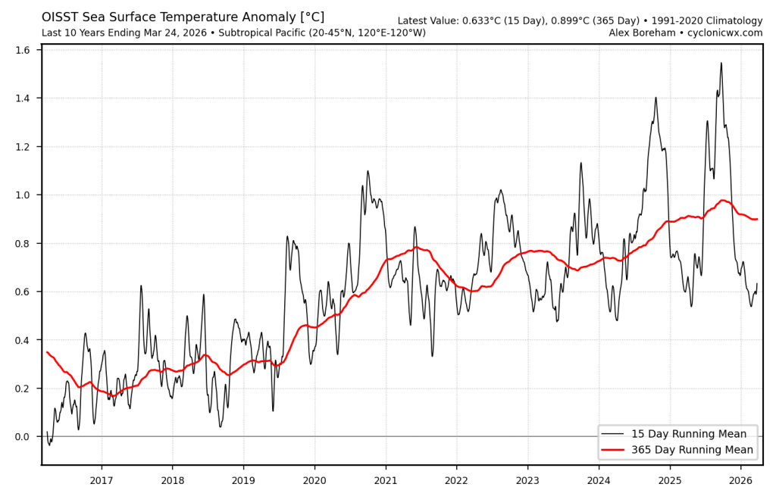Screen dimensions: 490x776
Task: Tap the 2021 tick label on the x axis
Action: coord(386,480)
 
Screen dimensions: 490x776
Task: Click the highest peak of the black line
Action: coord(721,63)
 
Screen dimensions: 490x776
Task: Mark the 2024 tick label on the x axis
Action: coord(599,480)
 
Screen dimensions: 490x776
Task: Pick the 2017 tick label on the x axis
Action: coord(102,480)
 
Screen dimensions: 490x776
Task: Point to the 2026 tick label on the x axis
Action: coord(740,480)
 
